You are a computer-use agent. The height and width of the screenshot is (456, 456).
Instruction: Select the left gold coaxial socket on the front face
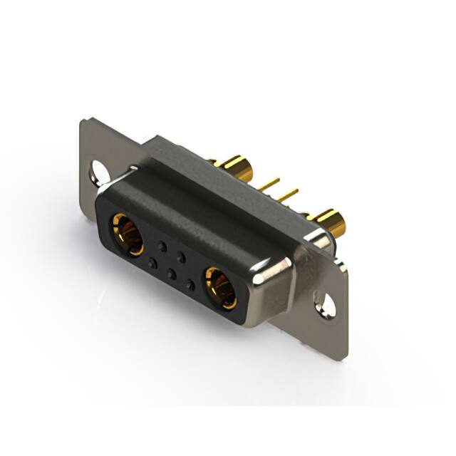pos(126,234)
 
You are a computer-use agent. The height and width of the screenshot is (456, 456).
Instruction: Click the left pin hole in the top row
pos(162,247)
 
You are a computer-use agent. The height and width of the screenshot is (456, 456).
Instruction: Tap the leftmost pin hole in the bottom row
pos(152,264)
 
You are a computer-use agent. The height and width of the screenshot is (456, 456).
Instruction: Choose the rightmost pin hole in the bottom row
pos(190,284)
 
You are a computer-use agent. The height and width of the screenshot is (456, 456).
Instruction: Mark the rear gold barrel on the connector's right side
pos(330,222)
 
